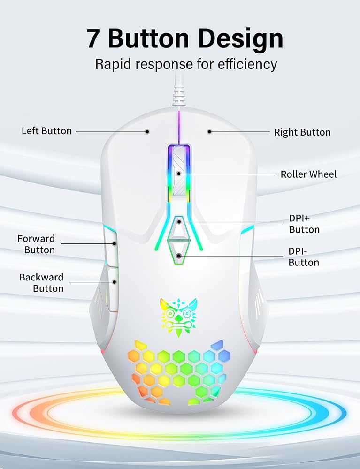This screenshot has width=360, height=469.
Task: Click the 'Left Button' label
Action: point(46,131)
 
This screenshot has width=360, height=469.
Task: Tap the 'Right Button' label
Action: point(302,132)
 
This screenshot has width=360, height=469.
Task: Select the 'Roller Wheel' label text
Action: point(308,174)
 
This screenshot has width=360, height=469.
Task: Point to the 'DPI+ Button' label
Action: point(304,224)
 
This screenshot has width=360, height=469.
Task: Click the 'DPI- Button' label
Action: point(304,257)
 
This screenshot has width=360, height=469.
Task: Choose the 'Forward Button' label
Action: point(36,244)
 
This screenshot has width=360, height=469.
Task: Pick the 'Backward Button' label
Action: point(41,283)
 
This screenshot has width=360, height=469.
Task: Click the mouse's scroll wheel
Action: point(178,174)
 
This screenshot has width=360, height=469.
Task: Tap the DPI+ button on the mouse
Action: point(179,228)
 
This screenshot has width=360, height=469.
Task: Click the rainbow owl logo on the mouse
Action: point(178,317)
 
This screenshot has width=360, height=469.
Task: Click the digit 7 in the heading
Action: point(93,39)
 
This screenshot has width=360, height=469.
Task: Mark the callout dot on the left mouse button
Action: point(147,131)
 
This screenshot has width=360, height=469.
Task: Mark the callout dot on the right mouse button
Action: point(209,131)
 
